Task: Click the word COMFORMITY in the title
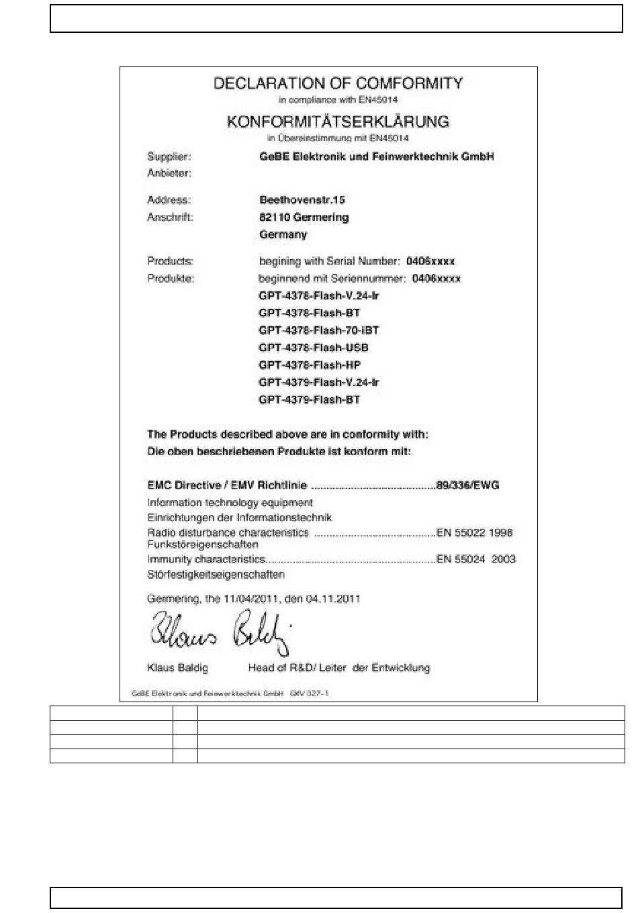(409, 84)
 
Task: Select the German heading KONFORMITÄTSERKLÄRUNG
(338, 122)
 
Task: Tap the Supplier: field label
(169, 157)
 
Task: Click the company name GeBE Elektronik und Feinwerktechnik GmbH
(376, 157)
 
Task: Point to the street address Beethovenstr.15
(302, 200)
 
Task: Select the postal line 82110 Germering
(304, 218)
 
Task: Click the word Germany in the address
(283, 235)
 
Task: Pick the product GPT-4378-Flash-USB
(313, 348)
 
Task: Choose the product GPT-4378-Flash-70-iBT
(318, 330)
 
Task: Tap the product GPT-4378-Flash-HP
(309, 365)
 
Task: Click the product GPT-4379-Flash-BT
(309, 400)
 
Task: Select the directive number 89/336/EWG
(467, 485)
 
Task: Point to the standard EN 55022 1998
(474, 533)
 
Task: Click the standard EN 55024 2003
(475, 559)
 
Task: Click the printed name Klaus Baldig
(177, 668)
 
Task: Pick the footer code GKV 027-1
(310, 694)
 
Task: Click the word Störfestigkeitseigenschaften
(216, 575)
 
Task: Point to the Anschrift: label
(170, 218)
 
